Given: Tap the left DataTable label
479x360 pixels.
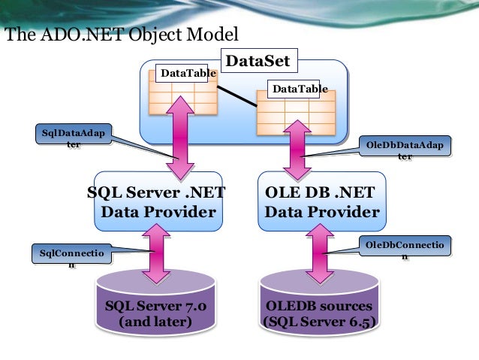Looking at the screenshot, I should [185, 74].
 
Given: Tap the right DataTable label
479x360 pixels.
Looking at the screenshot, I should [300, 89].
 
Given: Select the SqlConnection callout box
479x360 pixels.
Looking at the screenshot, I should [73, 257].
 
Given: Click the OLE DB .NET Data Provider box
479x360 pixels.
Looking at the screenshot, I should [321, 203].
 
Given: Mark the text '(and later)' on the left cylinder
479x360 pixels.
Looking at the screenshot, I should [161, 323].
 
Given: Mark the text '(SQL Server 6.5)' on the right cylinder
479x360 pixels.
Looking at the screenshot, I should [320, 323].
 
